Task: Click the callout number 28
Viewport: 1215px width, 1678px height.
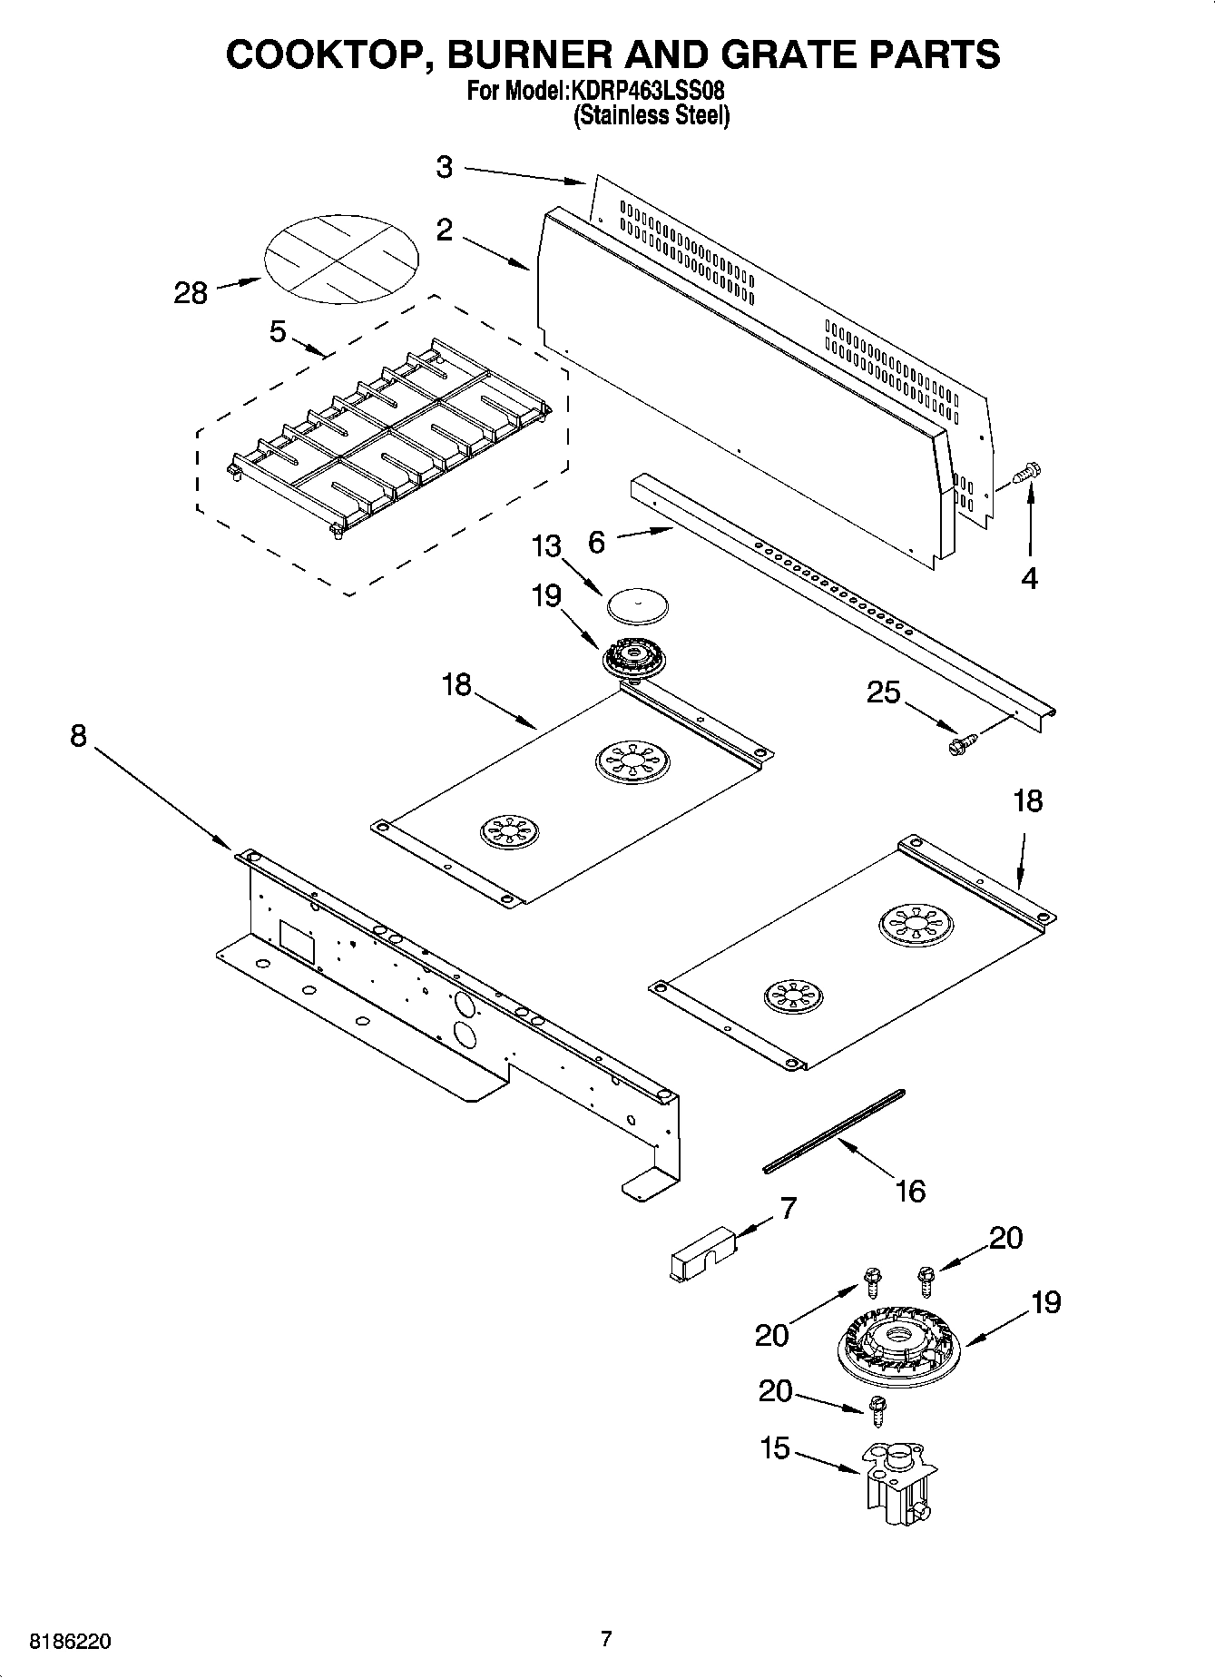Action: point(191,293)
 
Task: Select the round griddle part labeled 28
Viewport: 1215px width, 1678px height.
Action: point(341,259)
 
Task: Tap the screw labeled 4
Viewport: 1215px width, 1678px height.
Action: point(1028,473)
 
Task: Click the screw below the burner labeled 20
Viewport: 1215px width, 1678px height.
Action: point(877,1408)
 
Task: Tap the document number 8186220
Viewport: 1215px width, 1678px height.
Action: point(71,1641)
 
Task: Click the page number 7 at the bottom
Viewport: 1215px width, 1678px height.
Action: point(606,1639)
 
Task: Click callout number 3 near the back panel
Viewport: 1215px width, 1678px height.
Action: point(445,167)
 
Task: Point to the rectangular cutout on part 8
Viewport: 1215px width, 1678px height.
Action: point(296,942)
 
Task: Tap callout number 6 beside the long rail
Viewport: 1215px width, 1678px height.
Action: point(596,542)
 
